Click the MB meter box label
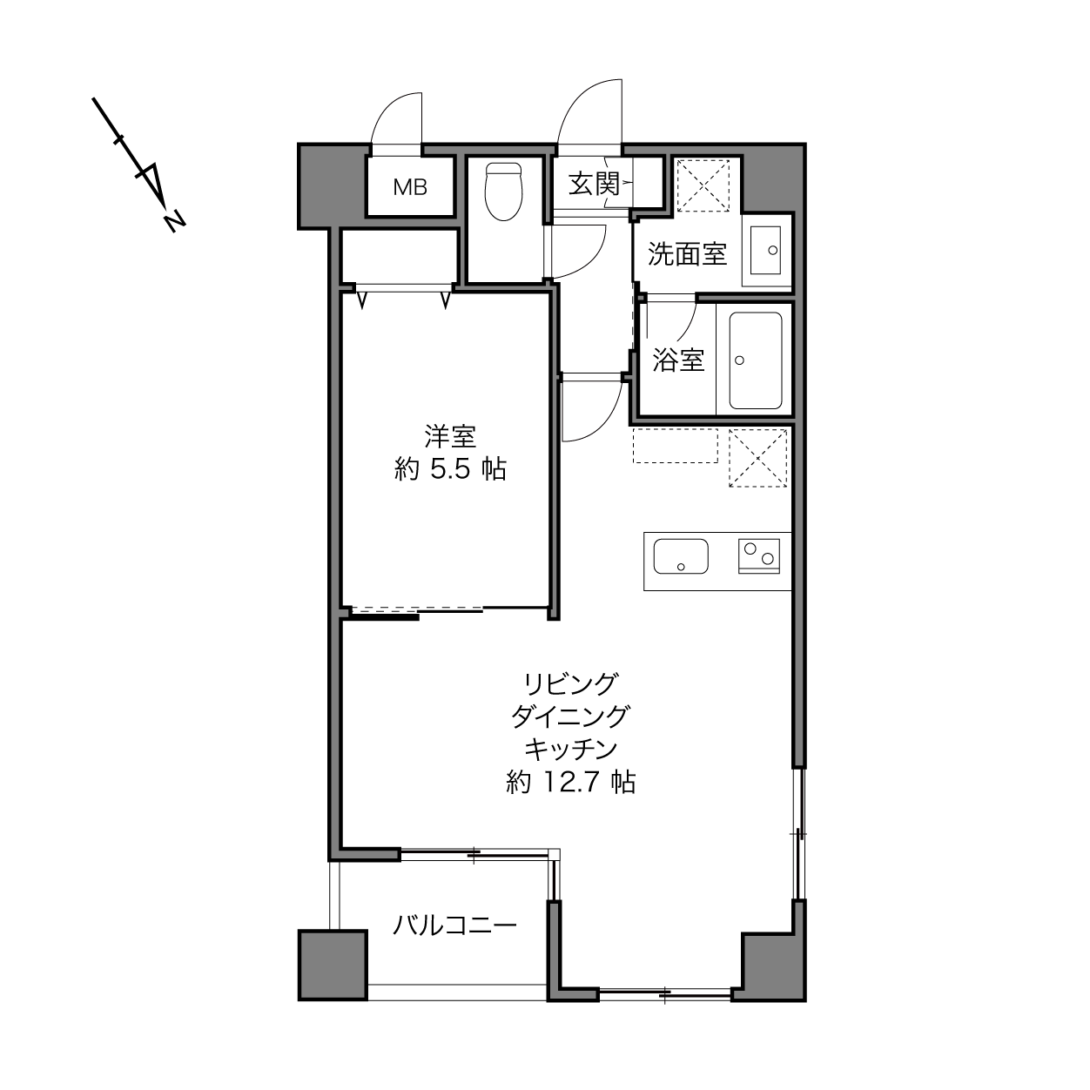tap(410, 187)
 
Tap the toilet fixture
tap(503, 192)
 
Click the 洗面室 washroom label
tap(687, 254)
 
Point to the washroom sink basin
tap(765, 250)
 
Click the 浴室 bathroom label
tap(678, 360)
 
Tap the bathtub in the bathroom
tap(756, 360)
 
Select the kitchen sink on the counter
tap(681, 556)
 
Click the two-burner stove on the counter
tap(759, 556)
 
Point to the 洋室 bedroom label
tap(450, 437)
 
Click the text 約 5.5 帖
tap(450, 469)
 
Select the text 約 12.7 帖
tap(571, 783)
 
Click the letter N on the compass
tap(175, 221)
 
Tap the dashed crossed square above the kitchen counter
tap(758, 458)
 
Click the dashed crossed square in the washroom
tap(703, 185)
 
